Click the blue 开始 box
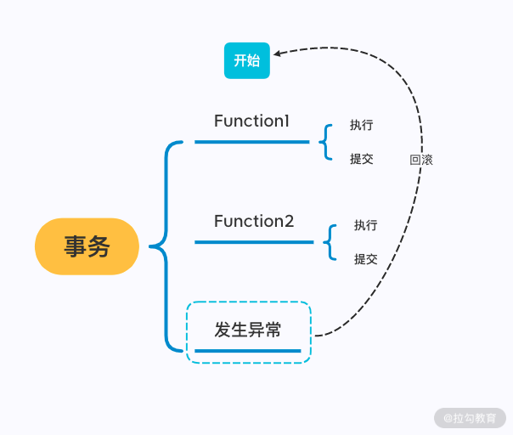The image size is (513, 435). click(x=246, y=60)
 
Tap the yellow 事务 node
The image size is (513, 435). click(x=87, y=246)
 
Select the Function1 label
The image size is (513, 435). click(x=251, y=121)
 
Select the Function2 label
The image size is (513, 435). click(x=254, y=221)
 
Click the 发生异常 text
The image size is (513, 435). click(x=248, y=330)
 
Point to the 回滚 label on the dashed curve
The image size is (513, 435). click(x=421, y=160)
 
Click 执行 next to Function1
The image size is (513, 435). click(x=361, y=125)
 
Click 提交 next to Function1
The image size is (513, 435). click(x=361, y=159)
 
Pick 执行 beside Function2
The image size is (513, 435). click(x=366, y=225)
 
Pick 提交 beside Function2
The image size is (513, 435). click(x=366, y=259)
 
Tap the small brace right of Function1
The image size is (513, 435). click(x=324, y=142)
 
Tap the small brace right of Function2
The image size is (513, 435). click(x=330, y=242)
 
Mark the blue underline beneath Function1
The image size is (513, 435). click(x=251, y=142)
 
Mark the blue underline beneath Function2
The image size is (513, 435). click(x=254, y=242)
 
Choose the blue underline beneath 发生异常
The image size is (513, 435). click(x=248, y=350)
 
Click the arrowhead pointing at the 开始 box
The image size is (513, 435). click(x=279, y=53)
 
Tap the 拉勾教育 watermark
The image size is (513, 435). click(x=471, y=418)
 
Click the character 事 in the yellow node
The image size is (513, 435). click(x=75, y=246)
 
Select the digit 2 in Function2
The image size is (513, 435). click(x=289, y=221)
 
